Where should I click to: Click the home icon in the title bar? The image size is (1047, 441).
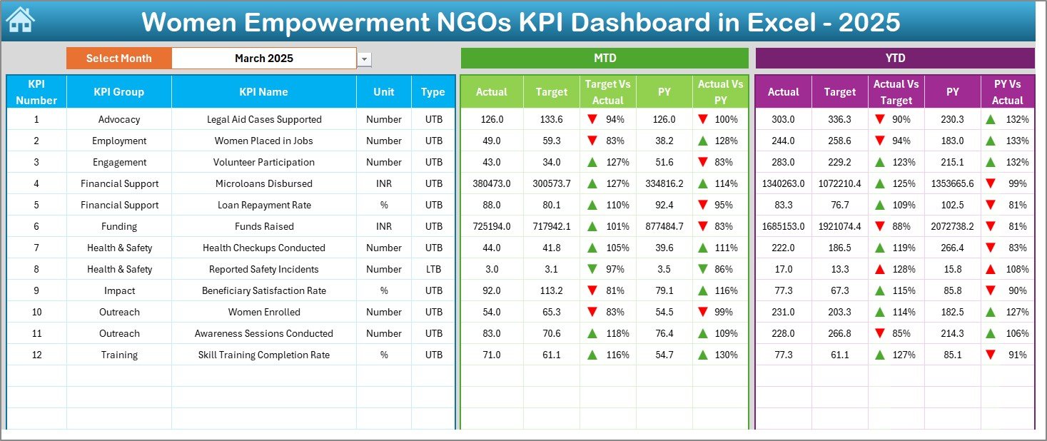[19, 20]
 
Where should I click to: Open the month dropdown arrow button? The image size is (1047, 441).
[365, 59]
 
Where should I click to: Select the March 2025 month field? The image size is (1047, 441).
[264, 59]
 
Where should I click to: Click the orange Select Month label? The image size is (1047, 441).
[119, 59]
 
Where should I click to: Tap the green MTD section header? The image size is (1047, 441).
[605, 59]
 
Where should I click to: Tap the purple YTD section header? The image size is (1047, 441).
[895, 59]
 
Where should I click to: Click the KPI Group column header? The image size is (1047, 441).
[119, 92]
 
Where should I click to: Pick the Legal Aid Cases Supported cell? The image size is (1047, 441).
[264, 119]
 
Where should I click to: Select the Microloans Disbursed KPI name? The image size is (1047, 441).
[264, 183]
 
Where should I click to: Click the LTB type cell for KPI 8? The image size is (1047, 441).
[433, 269]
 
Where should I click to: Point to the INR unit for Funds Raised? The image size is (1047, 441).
[384, 226]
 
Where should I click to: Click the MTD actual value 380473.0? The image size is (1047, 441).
[492, 183]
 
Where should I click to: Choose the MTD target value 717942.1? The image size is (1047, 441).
[552, 226]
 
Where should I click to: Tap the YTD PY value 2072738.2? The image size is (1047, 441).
[952, 226]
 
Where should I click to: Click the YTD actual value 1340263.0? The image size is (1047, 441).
[783, 183]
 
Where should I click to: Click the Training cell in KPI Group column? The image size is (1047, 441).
[119, 355]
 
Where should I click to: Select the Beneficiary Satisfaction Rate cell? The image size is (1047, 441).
[264, 290]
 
